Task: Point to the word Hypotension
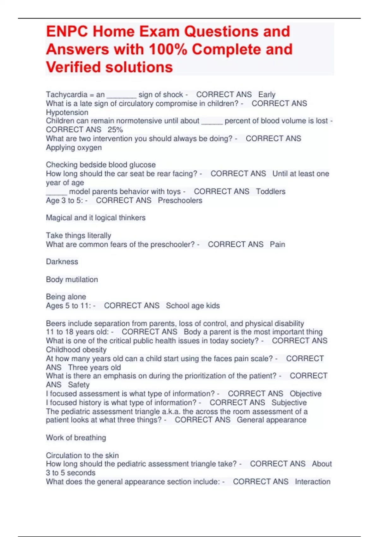tap(67, 112)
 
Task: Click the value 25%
tap(115, 130)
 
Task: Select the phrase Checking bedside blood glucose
tap(100, 165)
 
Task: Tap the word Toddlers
tap(270, 191)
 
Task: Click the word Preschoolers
tap(180, 201)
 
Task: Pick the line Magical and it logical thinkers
tap(95, 218)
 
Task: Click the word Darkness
tap(62, 262)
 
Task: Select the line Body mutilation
tap(72, 280)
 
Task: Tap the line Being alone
tap(66, 297)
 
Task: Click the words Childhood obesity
tap(76, 350)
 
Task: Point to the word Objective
tap(305, 394)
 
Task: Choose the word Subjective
tap(289, 402)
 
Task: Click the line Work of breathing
tap(76, 438)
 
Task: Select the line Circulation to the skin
tap(82, 456)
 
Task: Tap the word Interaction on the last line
tap(312, 482)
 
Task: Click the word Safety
tap(79, 385)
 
